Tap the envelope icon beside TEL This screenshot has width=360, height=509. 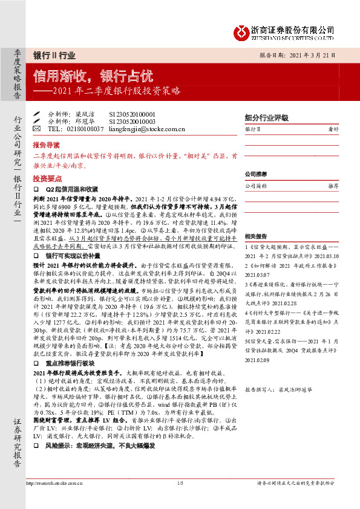tap(36, 129)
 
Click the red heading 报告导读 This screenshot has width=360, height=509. tap(46, 146)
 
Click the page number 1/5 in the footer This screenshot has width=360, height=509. tap(180, 482)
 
